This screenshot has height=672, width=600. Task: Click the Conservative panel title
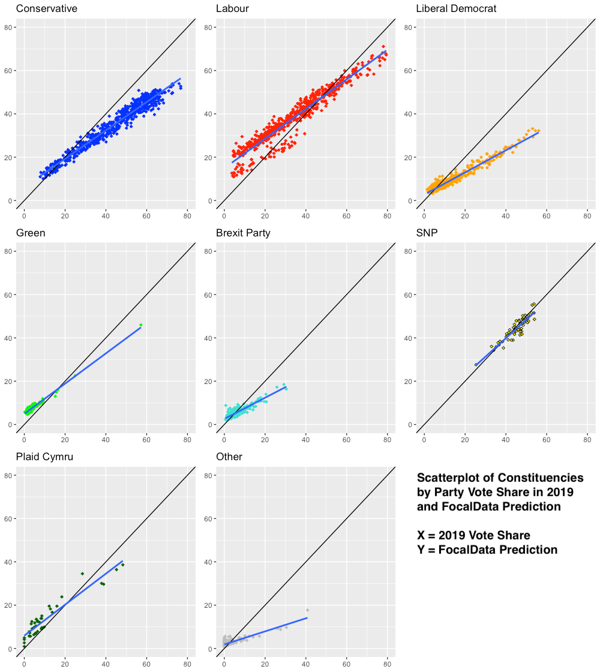click(x=46, y=9)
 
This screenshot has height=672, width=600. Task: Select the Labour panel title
click(x=233, y=9)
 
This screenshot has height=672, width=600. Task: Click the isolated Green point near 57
click(x=141, y=325)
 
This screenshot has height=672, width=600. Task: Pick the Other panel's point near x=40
click(x=307, y=610)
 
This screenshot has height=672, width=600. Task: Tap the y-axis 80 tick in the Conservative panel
click(x=11, y=28)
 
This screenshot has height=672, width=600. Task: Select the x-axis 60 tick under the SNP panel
click(x=547, y=440)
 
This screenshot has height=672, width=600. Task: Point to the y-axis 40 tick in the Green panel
click(x=11, y=338)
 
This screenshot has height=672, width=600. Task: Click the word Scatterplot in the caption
click(x=450, y=478)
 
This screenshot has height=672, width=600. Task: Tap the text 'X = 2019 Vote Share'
click(x=473, y=535)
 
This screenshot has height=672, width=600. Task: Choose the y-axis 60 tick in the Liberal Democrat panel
click(x=411, y=71)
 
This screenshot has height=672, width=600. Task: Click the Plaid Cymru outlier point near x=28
click(x=82, y=574)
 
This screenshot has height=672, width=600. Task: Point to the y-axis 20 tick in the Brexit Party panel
click(x=211, y=382)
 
